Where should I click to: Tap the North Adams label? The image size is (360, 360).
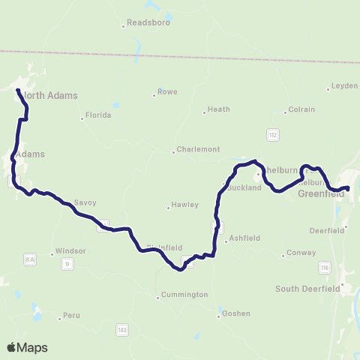[x=50, y=95]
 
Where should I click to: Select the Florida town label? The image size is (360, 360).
[x=98, y=115]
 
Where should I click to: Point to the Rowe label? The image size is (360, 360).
[x=167, y=92]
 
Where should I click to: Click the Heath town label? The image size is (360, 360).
[x=218, y=109]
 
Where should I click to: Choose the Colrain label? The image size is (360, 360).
[x=302, y=109]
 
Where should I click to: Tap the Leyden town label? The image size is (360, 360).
[x=344, y=86]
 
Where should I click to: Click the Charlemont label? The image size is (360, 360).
[x=198, y=149]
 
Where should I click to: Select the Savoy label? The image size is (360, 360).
[x=85, y=202]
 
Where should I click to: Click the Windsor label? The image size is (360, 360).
[x=68, y=252]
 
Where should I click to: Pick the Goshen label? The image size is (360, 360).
[x=236, y=313]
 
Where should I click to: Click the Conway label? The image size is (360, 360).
[x=302, y=253]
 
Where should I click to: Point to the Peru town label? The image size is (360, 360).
[x=71, y=316]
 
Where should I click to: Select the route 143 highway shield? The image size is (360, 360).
[x=121, y=328]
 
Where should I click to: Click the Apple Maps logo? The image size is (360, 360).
[x=27, y=347]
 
